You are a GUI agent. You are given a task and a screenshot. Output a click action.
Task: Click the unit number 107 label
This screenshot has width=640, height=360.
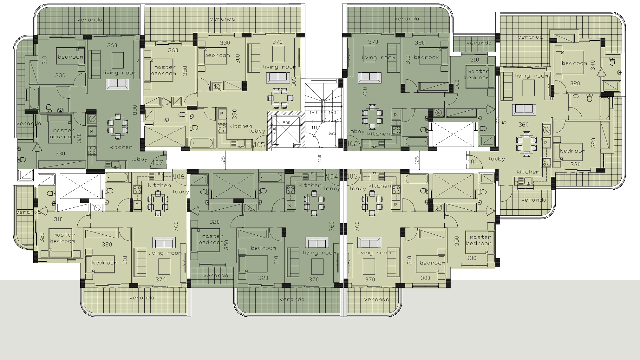click(158, 163)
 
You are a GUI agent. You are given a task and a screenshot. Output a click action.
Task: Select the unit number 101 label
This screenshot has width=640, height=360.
click(473, 162)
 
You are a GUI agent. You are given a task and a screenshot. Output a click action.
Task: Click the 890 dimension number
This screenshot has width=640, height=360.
click(135, 110)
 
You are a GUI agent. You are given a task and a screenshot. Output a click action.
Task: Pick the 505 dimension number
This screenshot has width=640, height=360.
click(294, 82)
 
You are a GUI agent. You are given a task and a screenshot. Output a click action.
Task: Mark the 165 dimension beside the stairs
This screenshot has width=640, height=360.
click(332, 133)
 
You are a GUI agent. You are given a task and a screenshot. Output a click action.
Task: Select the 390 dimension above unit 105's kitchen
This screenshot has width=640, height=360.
click(234, 114)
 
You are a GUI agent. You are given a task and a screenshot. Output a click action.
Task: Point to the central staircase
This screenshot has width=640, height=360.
click(322, 113)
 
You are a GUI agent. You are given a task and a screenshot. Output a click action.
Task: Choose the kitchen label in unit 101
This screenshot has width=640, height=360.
click(528, 172)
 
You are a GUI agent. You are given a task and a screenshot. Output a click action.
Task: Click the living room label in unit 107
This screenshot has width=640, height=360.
click(120, 73)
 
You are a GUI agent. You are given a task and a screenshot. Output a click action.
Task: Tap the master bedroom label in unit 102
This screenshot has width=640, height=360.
click(478, 74)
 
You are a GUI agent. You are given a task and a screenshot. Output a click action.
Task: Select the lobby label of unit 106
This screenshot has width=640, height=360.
click(181, 192)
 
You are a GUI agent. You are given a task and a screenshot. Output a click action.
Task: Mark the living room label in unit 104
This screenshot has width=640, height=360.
click(319, 253)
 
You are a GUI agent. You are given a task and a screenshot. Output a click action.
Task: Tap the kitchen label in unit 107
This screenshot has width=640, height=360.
click(121, 147)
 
